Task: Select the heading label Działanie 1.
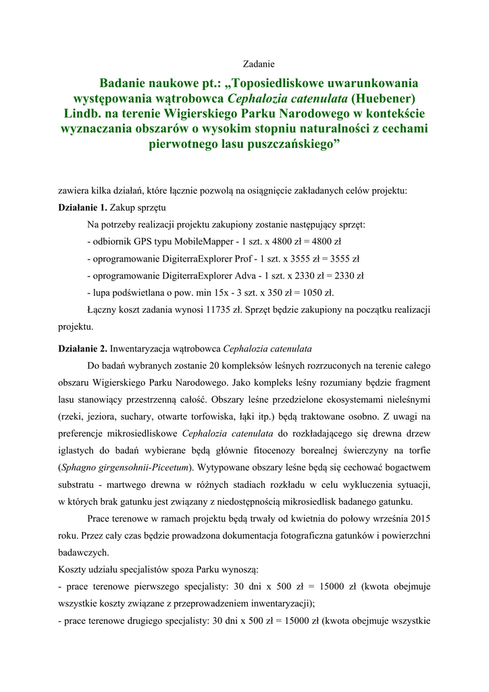coord(82,207)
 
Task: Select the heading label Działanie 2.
coord(82,349)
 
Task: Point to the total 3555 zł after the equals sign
coord(343,258)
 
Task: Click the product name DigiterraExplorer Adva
coord(206,276)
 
